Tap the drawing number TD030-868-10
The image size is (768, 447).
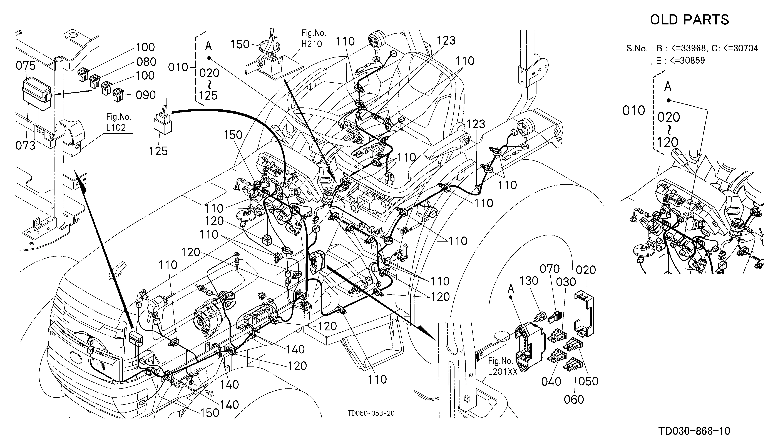coord(694,431)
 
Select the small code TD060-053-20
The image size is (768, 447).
coord(371,413)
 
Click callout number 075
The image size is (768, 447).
coord(26,66)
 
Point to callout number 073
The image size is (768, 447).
coord(25,145)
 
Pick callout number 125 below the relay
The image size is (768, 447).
coord(158,151)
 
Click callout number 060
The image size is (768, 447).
coord(574,400)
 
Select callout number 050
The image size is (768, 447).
coord(588,381)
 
